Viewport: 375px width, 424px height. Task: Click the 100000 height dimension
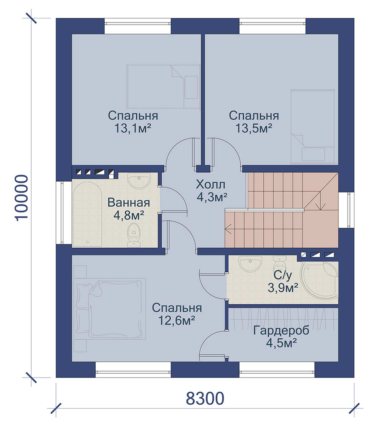tap(21, 198)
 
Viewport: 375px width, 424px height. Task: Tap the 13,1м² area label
tap(132, 129)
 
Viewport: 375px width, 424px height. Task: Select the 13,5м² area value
tap(254, 129)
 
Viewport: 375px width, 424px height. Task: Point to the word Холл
tap(210, 184)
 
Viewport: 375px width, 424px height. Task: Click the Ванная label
tap(129, 203)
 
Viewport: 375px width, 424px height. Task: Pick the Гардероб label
tap(281, 331)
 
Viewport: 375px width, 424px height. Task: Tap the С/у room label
tap(282, 276)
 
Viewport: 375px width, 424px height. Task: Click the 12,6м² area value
tap(177, 320)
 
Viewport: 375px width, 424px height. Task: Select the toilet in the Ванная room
tap(134, 235)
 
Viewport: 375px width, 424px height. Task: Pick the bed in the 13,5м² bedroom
tap(313, 127)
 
